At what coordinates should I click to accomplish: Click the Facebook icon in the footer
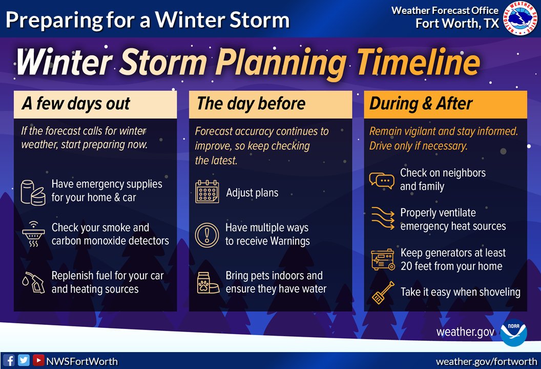coord(9,360)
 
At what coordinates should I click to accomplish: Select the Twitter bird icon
coord(24,360)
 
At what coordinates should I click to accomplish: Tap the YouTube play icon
coord(38,360)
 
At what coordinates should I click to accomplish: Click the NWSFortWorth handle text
coord(82,361)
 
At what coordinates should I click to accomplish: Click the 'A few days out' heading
coord(76,104)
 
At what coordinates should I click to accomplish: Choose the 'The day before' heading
coord(251,104)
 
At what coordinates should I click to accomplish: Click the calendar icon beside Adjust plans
coord(207,192)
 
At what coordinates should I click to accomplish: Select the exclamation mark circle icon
coord(207,235)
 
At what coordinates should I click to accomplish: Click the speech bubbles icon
coord(381,180)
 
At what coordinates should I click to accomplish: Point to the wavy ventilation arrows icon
coord(382,219)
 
